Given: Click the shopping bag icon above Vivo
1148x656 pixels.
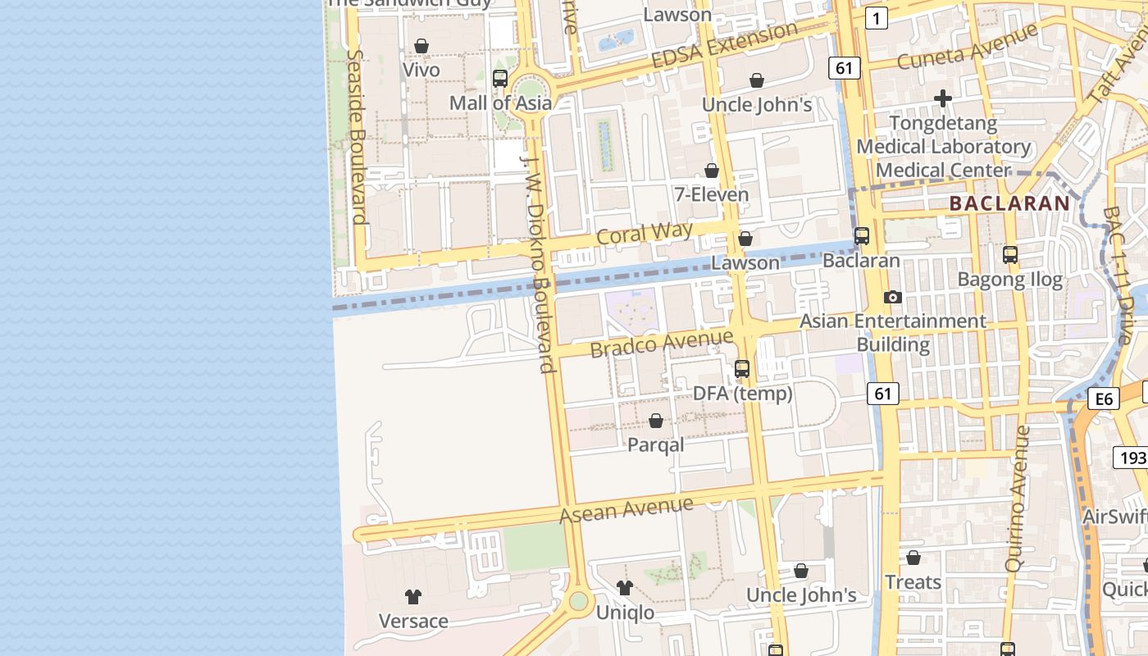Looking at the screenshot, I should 421,46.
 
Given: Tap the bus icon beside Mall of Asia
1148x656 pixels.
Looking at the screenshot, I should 499,79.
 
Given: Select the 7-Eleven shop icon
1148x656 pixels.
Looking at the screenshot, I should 712,171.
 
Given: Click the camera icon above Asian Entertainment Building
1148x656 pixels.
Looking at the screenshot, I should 893,297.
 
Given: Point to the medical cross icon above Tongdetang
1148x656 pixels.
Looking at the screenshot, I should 943,98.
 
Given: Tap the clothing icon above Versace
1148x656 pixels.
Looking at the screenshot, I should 413,596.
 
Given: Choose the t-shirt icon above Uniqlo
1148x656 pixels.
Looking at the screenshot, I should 625,587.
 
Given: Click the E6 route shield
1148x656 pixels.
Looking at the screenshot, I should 1104,399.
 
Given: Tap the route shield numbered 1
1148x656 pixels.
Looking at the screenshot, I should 877,18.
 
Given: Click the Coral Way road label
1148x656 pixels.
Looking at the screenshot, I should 645,232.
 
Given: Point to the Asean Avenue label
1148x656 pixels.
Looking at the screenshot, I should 626,509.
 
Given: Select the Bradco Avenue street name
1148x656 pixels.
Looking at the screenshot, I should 662,343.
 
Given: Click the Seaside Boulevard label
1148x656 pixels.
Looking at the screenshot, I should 356,136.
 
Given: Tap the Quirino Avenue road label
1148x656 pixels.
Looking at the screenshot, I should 1017,498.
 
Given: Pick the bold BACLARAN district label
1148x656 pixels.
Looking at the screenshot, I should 1009,203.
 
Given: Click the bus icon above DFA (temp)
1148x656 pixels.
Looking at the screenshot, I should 742,369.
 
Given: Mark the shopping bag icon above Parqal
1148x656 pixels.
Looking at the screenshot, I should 656,421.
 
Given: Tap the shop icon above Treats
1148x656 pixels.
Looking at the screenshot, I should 913,558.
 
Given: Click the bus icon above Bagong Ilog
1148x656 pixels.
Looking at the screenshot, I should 1010,255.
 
